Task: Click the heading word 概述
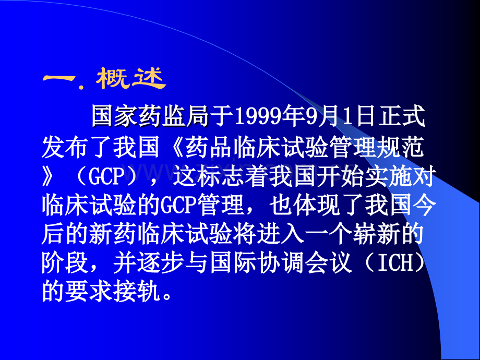pos(130,79)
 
